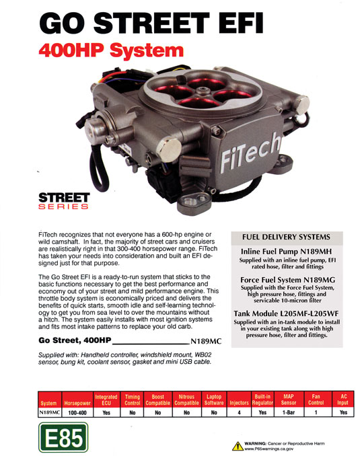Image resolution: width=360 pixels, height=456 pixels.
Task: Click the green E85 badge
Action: click(63, 438)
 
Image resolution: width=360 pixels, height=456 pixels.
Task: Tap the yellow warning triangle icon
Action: click(238, 446)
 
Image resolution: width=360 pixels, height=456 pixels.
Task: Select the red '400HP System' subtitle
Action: click(111, 50)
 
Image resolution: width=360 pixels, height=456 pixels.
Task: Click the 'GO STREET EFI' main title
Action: click(151, 24)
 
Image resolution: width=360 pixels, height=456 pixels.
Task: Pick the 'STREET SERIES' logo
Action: click(64, 201)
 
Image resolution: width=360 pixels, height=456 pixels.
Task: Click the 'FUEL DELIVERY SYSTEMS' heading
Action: click(287, 237)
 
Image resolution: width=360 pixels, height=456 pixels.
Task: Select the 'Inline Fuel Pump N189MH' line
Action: click(287, 252)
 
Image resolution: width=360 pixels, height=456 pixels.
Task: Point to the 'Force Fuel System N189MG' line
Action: click(287, 280)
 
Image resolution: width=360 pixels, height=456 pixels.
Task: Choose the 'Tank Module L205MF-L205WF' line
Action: click(287, 313)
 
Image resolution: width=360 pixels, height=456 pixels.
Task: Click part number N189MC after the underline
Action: click(206, 341)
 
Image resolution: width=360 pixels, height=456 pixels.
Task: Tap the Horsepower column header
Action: click(77, 403)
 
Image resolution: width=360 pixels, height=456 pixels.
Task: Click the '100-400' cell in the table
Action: click(77, 412)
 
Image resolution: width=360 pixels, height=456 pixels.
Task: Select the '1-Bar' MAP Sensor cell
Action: click(289, 412)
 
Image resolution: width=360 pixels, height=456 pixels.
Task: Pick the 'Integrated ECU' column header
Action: click(106, 400)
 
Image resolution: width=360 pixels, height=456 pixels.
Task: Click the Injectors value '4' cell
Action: click(239, 412)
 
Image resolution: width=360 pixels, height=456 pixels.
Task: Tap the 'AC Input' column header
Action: click(343, 400)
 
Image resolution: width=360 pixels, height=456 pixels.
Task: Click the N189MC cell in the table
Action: click(50, 412)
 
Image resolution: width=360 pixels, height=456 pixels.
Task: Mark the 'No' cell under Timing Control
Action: click(133, 412)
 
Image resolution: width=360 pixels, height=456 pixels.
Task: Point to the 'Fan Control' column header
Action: click(316, 400)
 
